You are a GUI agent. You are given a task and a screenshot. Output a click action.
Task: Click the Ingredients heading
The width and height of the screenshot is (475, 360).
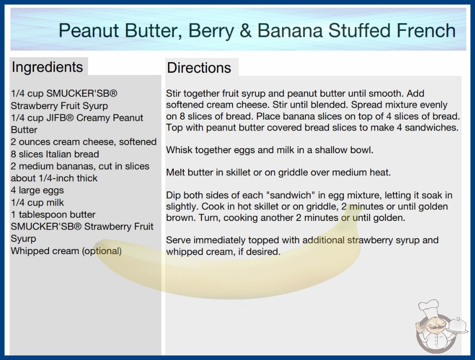click(47, 67)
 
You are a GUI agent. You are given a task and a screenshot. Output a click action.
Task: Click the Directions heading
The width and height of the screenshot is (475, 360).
click(199, 68)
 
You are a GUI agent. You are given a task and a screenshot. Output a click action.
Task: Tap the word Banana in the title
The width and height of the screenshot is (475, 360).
click(290, 30)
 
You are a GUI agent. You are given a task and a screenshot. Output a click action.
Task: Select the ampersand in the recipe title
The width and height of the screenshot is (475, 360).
click(245, 30)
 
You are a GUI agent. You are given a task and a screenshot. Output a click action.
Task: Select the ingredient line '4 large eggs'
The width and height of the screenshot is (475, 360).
click(37, 190)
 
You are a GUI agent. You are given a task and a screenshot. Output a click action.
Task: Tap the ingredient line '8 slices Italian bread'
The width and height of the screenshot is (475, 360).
click(55, 154)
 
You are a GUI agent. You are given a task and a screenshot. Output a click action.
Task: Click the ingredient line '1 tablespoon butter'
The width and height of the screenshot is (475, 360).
click(53, 215)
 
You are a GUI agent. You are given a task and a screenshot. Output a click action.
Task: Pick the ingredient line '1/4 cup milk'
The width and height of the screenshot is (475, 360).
click(37, 203)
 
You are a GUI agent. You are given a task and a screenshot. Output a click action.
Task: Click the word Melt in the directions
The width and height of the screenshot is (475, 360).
click(174, 173)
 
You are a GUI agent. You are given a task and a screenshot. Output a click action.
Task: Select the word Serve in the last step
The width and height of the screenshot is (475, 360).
click(178, 240)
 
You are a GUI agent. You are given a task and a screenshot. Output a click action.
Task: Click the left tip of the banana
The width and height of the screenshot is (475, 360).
click(96, 243)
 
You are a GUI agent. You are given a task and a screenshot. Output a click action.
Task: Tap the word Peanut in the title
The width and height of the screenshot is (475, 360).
click(89, 30)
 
